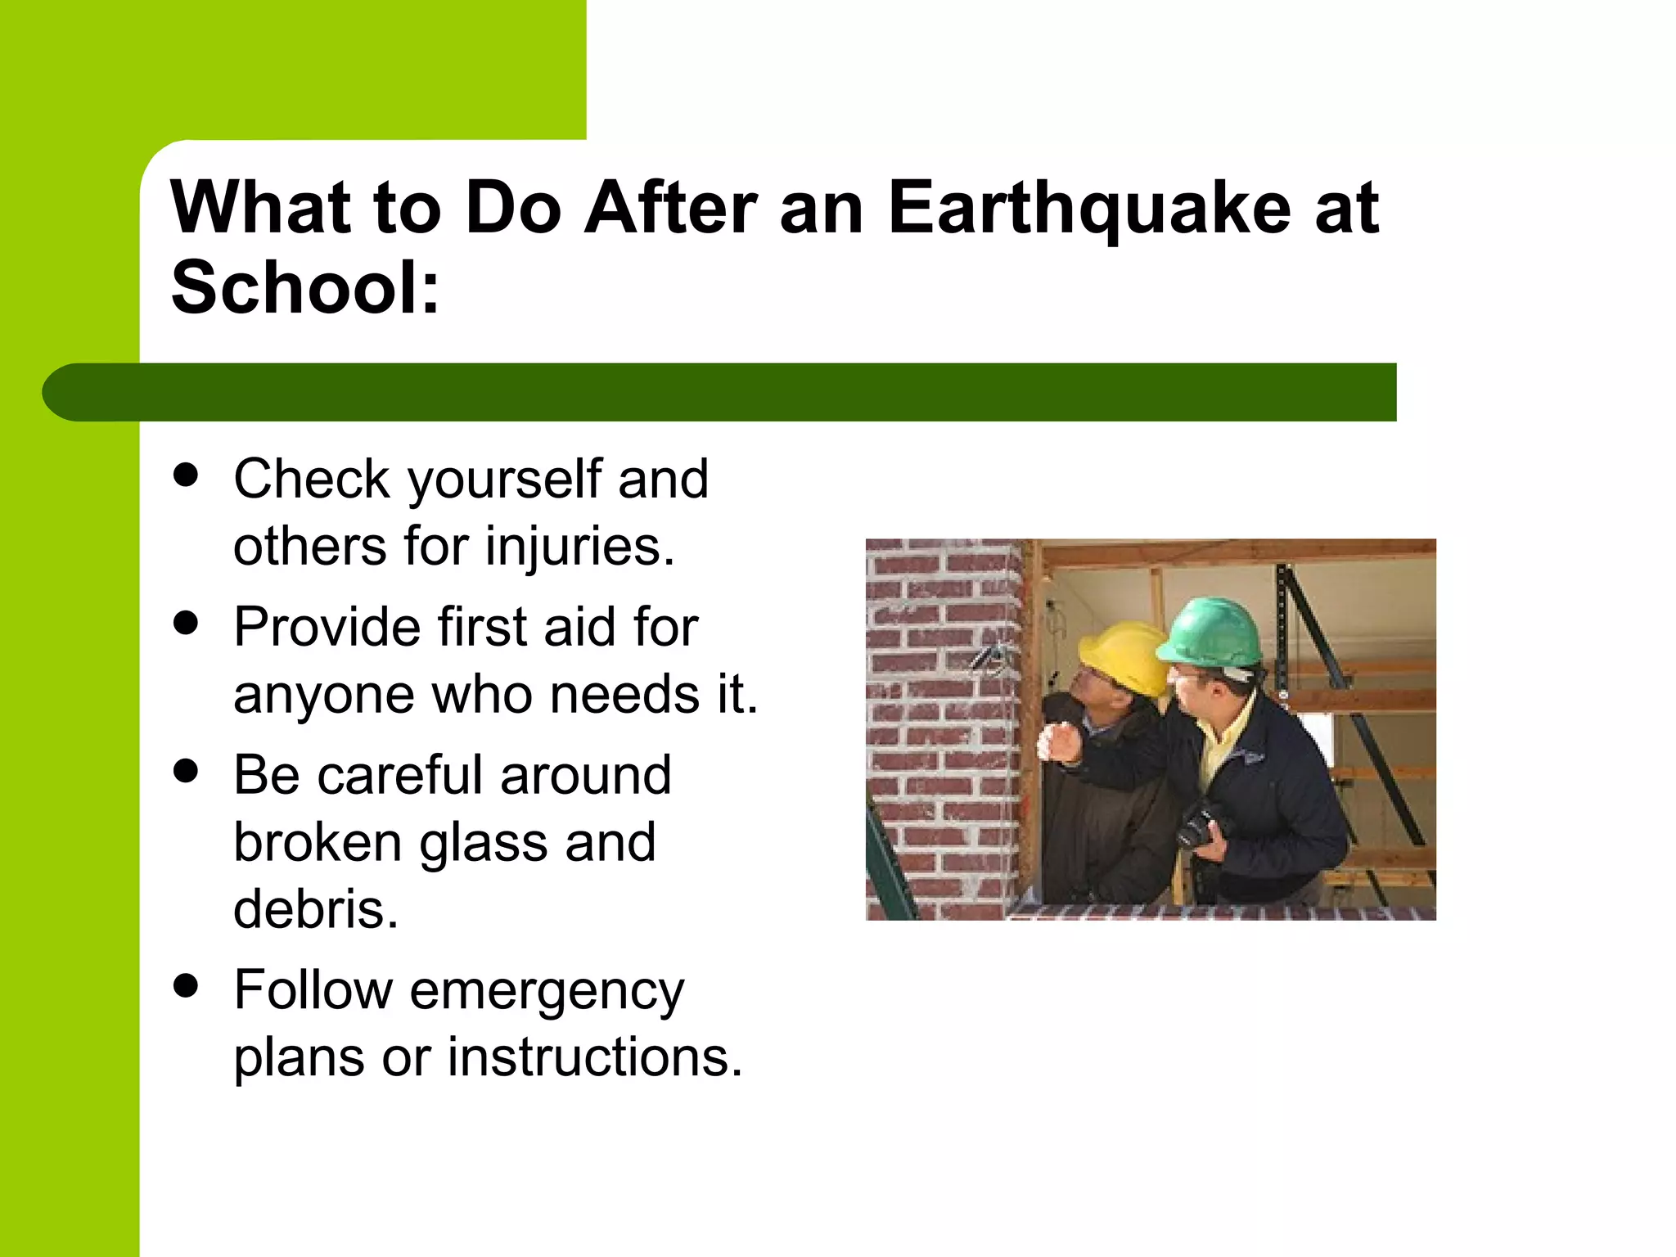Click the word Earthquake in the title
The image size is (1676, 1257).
pos(1088,209)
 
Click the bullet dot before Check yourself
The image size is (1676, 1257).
pos(187,475)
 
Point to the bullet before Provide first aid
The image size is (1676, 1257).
pos(187,623)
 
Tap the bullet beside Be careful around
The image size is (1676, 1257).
pos(187,771)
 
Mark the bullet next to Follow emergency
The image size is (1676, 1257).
pos(187,986)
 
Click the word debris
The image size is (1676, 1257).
pos(315,909)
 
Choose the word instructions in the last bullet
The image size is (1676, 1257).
pos(594,1057)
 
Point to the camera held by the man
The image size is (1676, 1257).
pos(1201,827)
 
